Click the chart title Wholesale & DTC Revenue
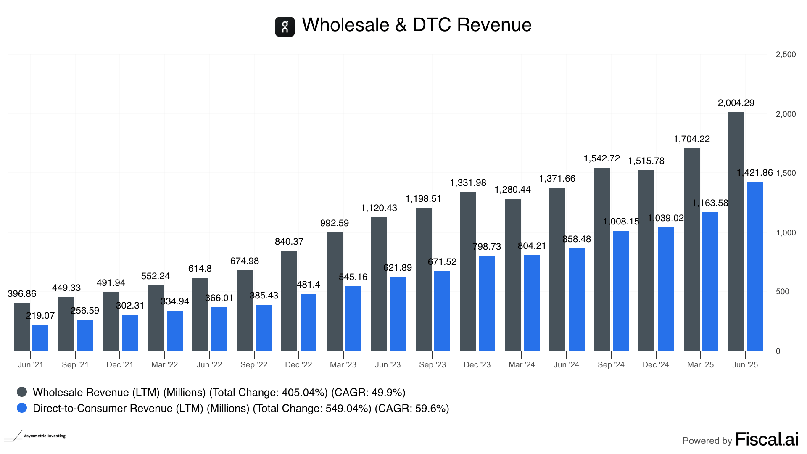[417, 25]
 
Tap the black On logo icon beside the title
[285, 27]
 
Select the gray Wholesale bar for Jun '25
[736, 231]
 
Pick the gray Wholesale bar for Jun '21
[22, 327]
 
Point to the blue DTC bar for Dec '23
[486, 303]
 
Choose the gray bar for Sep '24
[601, 259]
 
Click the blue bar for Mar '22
[174, 330]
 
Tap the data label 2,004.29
[736, 103]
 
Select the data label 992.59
[335, 223]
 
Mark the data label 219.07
[40, 316]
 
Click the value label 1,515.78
[646, 161]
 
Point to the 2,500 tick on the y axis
[785, 55]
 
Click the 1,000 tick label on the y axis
[785, 233]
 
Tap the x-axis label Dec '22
[298, 365]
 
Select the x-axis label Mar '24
[522, 365]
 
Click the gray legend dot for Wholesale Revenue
[22, 392]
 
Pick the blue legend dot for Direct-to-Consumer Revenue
[22, 408]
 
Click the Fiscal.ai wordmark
[767, 440]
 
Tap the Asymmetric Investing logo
[35, 436]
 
